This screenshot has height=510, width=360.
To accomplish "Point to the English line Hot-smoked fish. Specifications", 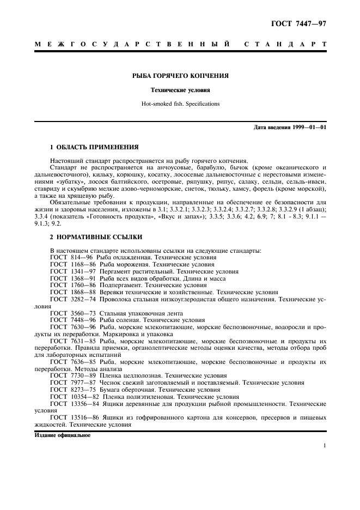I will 180,104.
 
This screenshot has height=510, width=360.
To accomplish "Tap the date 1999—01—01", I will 310,127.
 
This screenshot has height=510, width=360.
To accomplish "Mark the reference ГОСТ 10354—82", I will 71,398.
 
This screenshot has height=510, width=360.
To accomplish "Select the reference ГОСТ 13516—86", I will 71,418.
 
